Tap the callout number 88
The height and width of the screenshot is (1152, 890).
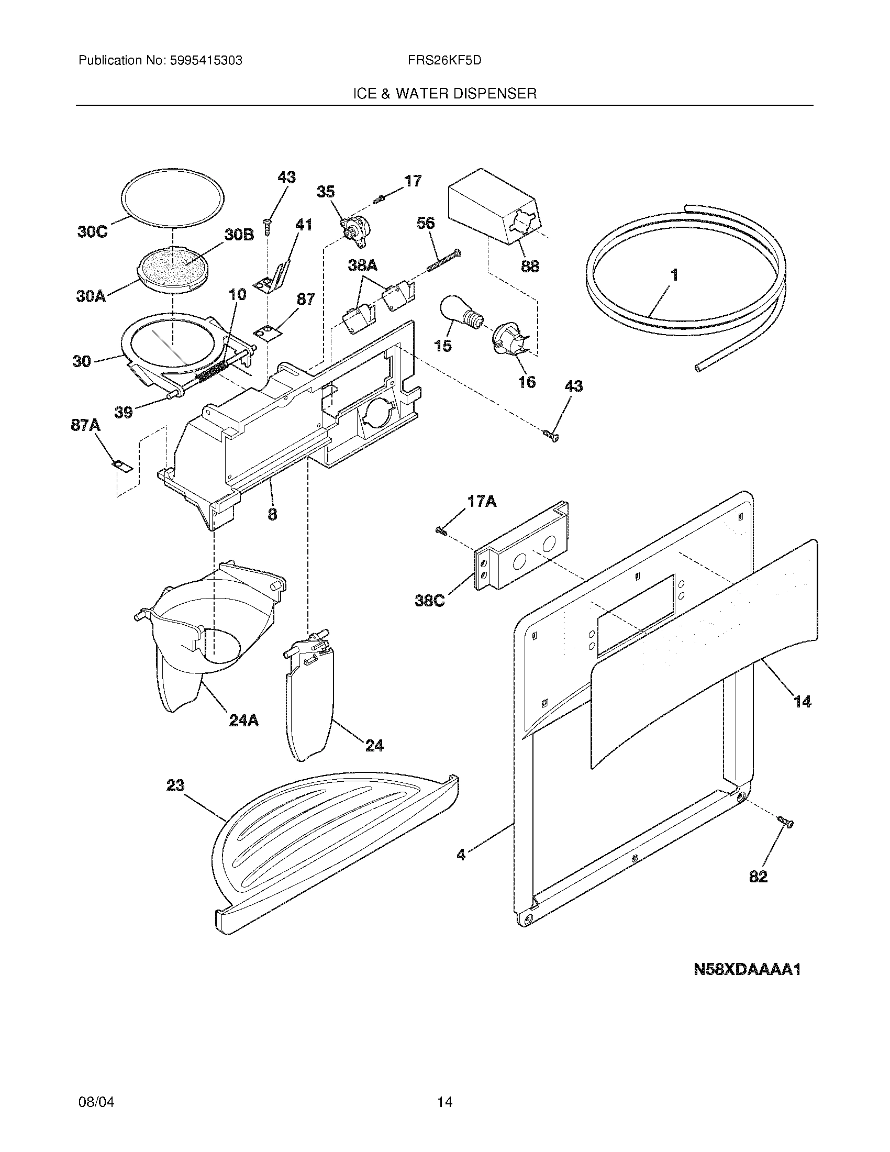(530, 266)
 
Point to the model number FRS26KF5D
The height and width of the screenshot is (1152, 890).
(444, 61)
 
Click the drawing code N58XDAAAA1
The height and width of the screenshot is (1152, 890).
(747, 969)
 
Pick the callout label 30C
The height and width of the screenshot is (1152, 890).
(92, 232)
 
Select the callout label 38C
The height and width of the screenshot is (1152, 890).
(430, 600)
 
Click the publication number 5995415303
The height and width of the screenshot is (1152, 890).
(206, 61)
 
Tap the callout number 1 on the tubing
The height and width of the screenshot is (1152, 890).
(673, 275)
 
